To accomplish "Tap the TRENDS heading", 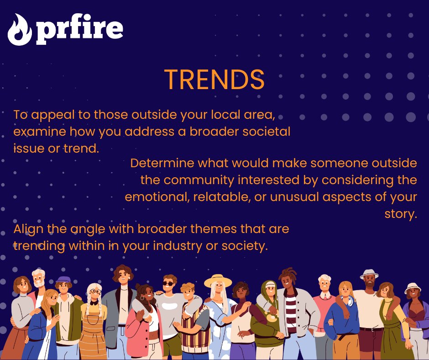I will point(214,80).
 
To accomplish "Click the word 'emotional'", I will point(157,197).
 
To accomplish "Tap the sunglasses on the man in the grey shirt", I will point(169,283).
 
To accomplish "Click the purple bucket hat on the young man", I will point(63,280).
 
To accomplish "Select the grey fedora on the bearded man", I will point(369,274).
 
